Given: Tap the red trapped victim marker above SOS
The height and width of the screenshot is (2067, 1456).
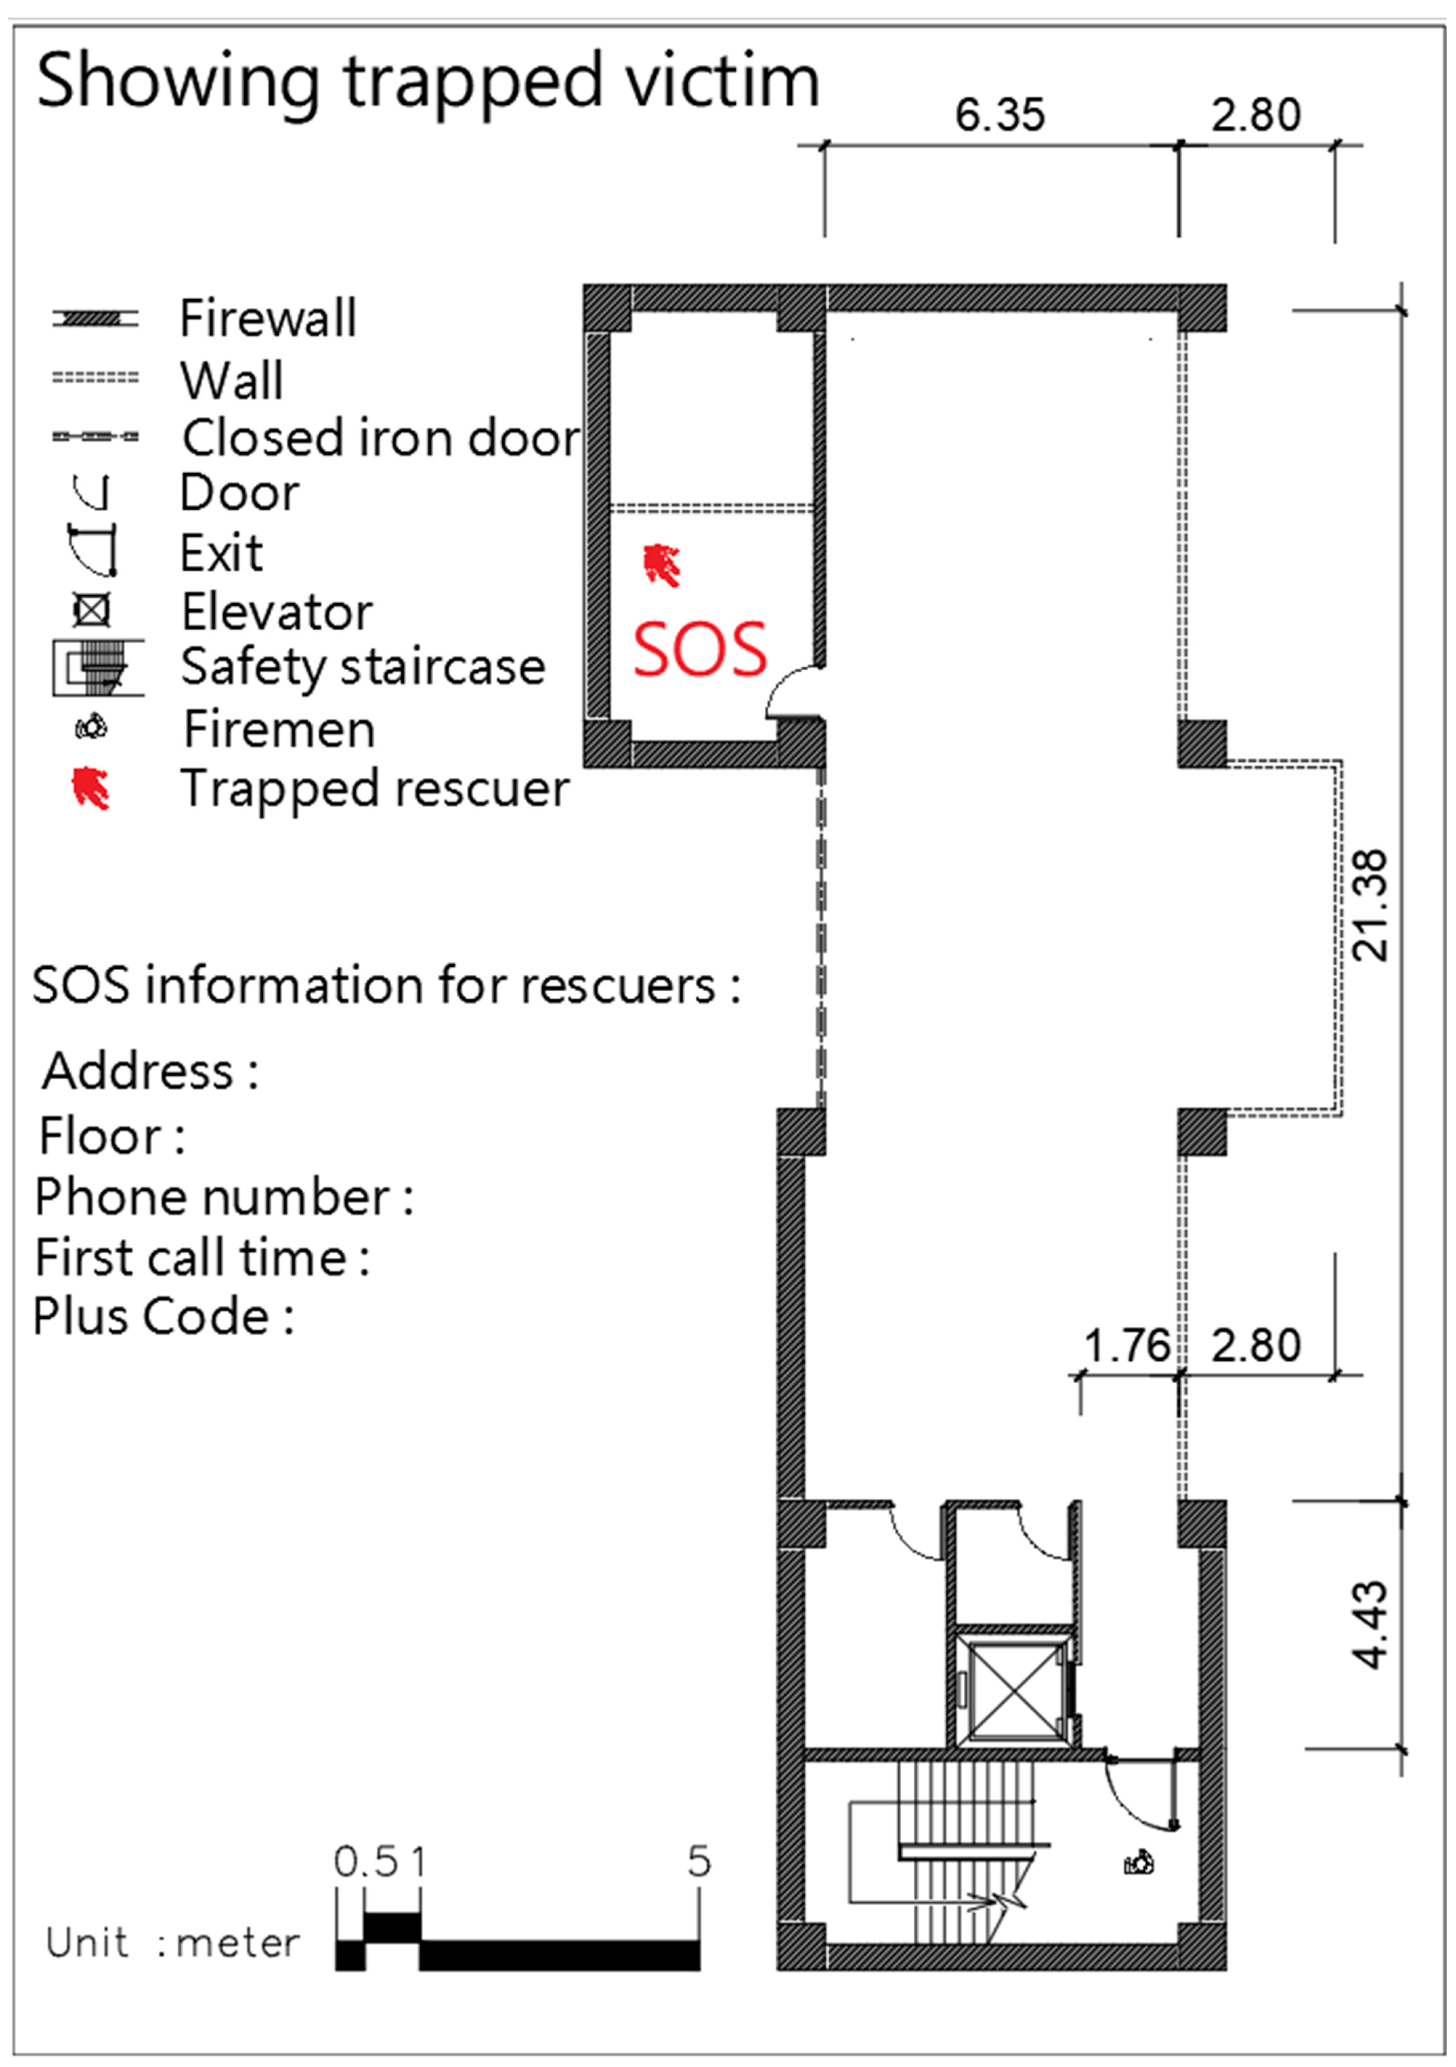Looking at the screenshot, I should click(662, 565).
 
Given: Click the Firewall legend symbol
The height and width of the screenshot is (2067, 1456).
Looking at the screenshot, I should click(94, 319).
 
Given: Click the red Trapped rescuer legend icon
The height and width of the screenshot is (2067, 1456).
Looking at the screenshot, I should click(91, 788).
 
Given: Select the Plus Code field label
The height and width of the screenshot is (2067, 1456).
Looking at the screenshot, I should click(163, 1316).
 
